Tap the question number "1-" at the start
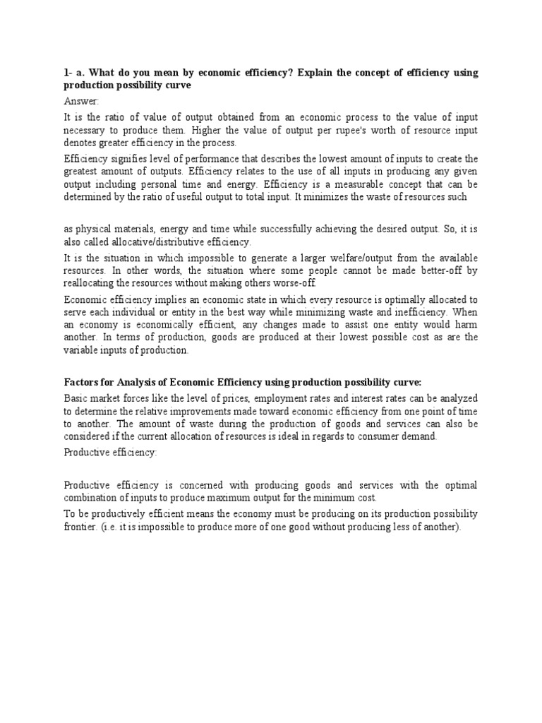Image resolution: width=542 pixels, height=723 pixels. [x=68, y=73]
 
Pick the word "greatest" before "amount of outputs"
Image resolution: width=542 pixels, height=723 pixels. [x=83, y=172]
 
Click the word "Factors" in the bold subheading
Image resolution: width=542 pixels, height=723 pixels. [x=82, y=382]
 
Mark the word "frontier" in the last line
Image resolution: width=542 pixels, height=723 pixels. [x=82, y=527]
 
